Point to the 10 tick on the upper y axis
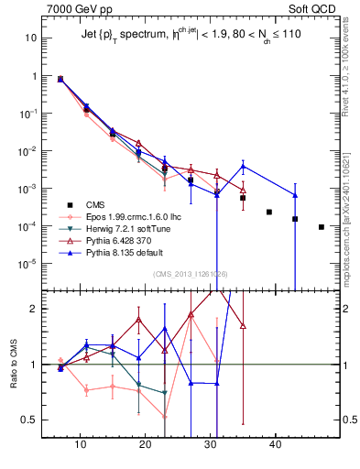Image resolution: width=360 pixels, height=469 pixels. pos(31,38)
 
